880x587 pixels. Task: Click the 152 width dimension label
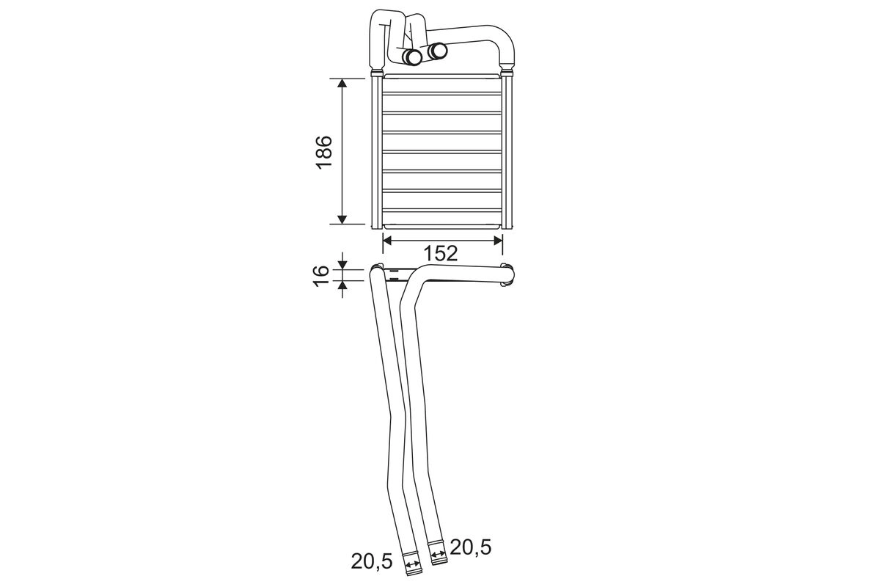(x=441, y=253)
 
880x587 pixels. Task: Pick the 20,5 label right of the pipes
(x=470, y=547)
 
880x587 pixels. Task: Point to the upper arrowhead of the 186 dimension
(x=342, y=84)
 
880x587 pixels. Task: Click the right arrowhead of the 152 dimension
(x=498, y=239)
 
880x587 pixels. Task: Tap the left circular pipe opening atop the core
(x=414, y=56)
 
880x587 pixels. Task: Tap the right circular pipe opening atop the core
(x=439, y=50)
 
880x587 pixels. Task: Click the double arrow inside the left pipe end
(x=413, y=565)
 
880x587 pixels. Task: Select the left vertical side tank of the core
(x=376, y=150)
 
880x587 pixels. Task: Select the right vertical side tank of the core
(x=507, y=150)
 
